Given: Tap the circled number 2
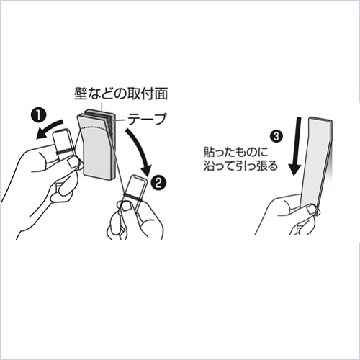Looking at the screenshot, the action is click(158, 184).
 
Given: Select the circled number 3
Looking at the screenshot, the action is click(276, 137).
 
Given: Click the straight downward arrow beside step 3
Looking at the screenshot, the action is click(296, 147).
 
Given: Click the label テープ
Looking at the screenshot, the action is click(147, 120).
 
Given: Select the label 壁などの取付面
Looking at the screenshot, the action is click(121, 94).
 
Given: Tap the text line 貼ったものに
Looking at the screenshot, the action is click(235, 152).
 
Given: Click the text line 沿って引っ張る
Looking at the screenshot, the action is click(240, 166).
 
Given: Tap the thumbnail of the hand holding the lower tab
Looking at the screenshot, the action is click(126, 207).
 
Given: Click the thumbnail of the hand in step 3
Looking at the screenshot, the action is click(311, 210).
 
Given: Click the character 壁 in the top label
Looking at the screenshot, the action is click(81, 94).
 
